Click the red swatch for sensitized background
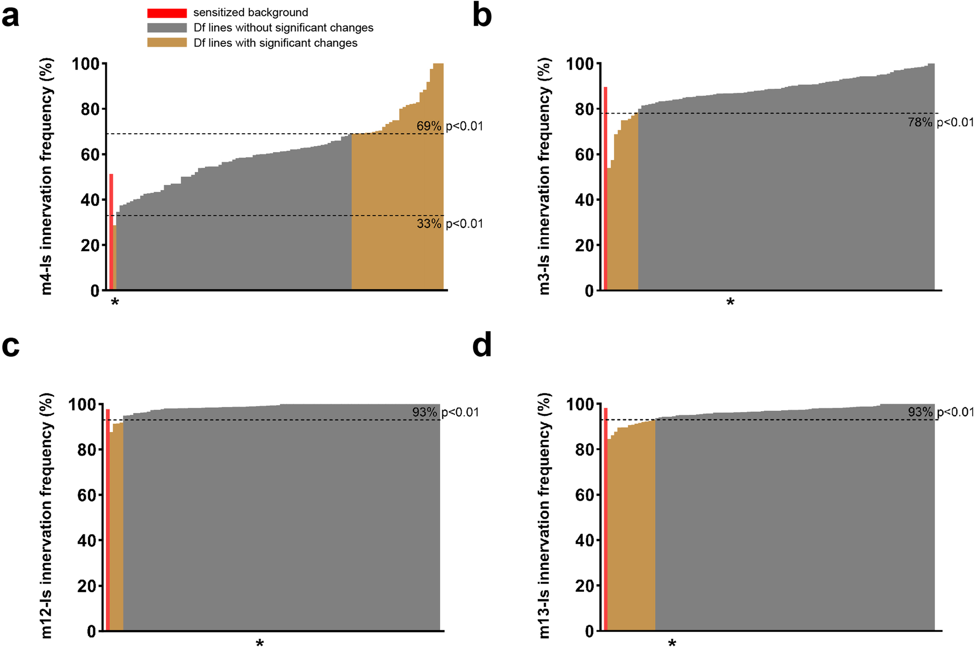coord(167,13)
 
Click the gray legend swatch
coord(167,28)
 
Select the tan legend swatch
coord(167,43)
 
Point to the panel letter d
coord(482,346)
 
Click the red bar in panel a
coord(111,232)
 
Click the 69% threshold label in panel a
coord(429,126)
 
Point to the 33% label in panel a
coord(429,224)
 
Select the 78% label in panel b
coord(920,122)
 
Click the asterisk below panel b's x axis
coord(730,303)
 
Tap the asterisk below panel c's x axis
coord(260,643)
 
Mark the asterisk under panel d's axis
coord(672,643)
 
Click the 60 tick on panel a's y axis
coord(90,155)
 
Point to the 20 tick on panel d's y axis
coord(585,586)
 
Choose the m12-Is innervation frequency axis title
coord(46,516)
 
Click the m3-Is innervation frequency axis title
coord(544,176)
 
